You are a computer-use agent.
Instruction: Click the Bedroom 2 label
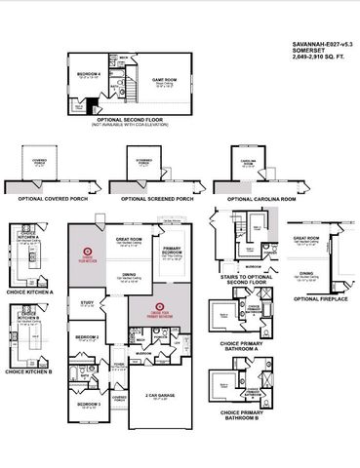point(87,336)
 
